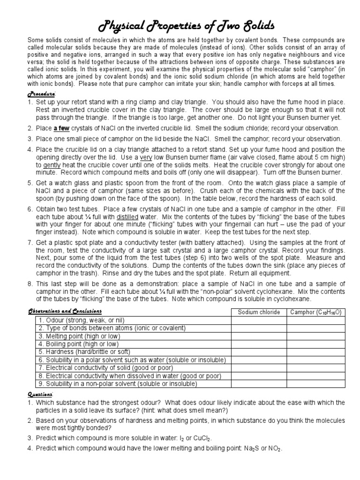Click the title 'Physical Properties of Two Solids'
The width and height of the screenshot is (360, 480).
[180, 24]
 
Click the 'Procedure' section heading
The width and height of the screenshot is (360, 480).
[42, 93]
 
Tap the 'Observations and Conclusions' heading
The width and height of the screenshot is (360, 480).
[65, 312]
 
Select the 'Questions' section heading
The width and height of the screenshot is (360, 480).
[41, 395]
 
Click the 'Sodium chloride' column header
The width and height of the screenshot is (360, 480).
[259, 312]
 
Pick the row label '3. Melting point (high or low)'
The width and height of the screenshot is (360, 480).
[80, 336]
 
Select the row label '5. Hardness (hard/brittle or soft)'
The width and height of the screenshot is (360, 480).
[88, 352]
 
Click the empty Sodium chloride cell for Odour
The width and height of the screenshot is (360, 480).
[259, 320]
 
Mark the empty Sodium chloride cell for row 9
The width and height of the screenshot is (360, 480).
[259, 384]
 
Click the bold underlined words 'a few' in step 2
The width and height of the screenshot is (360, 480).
[62, 128]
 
